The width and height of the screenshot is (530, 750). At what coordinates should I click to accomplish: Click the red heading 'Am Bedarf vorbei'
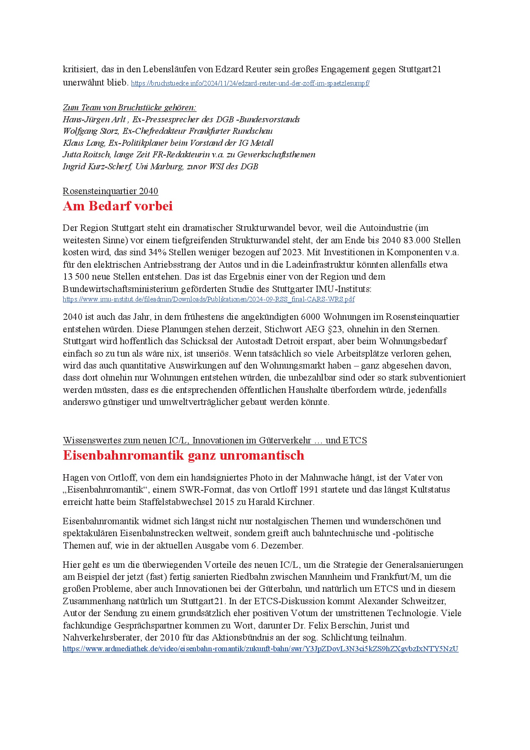pyautogui.click(x=118, y=206)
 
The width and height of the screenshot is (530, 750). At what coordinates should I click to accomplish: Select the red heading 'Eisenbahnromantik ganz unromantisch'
pyautogui.click(x=183, y=455)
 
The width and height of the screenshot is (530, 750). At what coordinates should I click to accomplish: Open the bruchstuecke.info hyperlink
pyautogui.click(x=250, y=83)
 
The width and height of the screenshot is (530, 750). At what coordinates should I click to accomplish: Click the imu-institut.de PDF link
pyautogui.click(x=209, y=299)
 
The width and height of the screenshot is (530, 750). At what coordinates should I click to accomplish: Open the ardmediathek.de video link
pyautogui.click(x=260, y=649)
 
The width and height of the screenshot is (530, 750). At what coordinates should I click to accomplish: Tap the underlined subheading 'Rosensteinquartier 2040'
pyautogui.click(x=110, y=191)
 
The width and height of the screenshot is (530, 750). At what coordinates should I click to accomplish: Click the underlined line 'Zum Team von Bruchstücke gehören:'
pyautogui.click(x=130, y=107)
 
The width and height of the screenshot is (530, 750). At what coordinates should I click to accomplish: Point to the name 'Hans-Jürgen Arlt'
pyautogui.click(x=94, y=119)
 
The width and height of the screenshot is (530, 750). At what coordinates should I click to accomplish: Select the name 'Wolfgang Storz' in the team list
pyautogui.click(x=91, y=131)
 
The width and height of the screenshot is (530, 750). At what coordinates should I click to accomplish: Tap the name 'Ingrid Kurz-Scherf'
pyautogui.click(x=97, y=166)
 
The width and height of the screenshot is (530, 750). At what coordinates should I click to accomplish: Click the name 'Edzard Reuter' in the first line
pyautogui.click(x=242, y=69)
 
